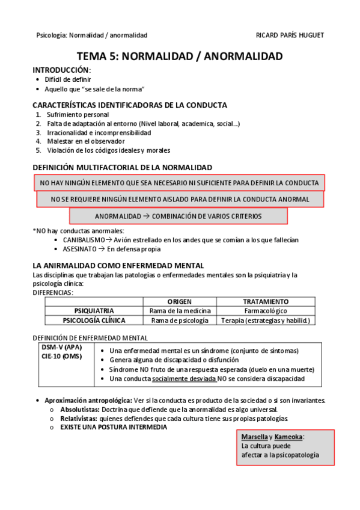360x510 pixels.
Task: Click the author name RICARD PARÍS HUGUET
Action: (x=290, y=35)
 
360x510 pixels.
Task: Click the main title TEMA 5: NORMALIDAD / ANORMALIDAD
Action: (x=179, y=57)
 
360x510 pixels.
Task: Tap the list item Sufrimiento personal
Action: (x=77, y=114)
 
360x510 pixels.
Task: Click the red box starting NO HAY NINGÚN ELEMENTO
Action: (x=179, y=183)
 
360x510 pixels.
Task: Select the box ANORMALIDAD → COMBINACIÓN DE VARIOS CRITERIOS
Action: (x=178, y=216)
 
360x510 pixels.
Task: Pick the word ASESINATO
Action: (x=79, y=248)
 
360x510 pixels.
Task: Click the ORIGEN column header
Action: (x=180, y=301)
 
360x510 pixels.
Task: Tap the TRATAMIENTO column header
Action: (x=265, y=301)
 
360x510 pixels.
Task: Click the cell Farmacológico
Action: (x=265, y=311)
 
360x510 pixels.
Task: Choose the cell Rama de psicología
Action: (x=180, y=321)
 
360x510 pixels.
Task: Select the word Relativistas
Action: (x=78, y=418)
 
